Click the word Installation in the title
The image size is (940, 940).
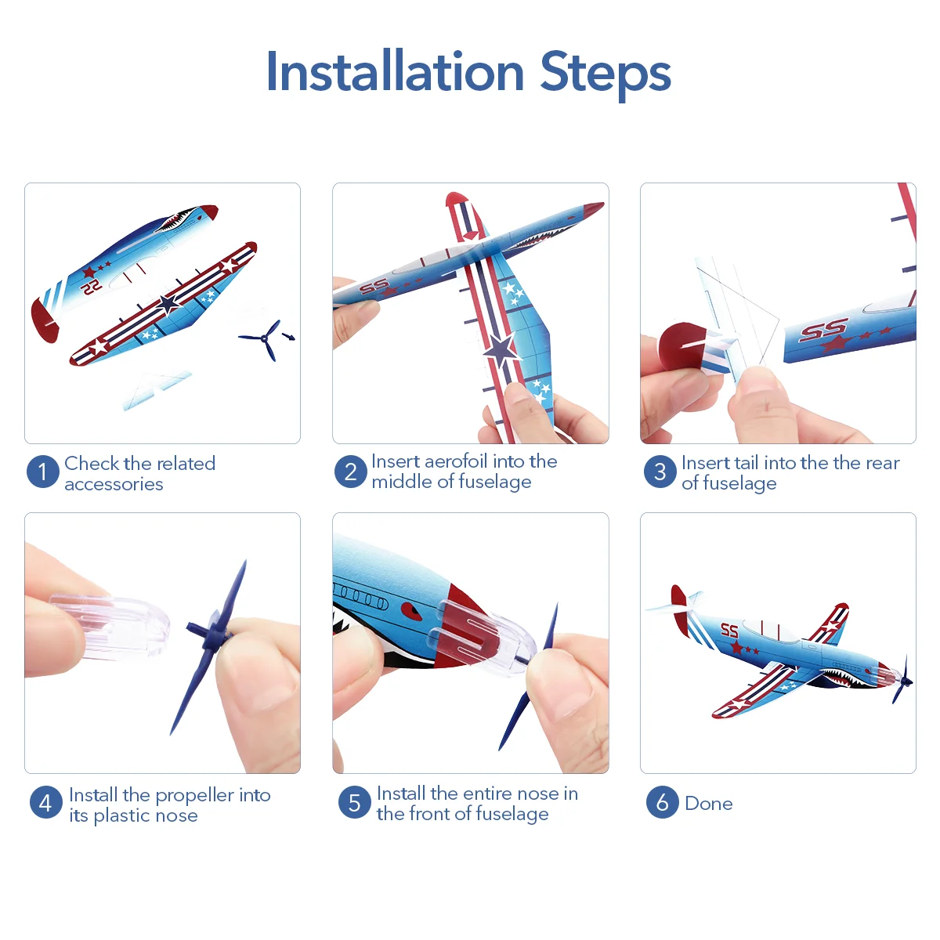[x=395, y=72]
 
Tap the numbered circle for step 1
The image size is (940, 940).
[x=43, y=472]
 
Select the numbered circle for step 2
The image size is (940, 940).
[x=351, y=472]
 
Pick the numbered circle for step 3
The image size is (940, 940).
[x=660, y=472]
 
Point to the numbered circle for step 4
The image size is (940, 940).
[x=46, y=802]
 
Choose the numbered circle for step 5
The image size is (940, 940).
[x=355, y=802]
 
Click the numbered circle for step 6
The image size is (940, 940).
[x=663, y=802]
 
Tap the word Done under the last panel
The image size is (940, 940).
[x=708, y=804]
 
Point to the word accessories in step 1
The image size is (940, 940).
[x=114, y=484]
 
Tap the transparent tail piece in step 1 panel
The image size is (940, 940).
[x=156, y=390]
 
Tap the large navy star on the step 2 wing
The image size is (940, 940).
[x=500, y=349]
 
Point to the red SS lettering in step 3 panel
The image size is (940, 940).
[x=823, y=329]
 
